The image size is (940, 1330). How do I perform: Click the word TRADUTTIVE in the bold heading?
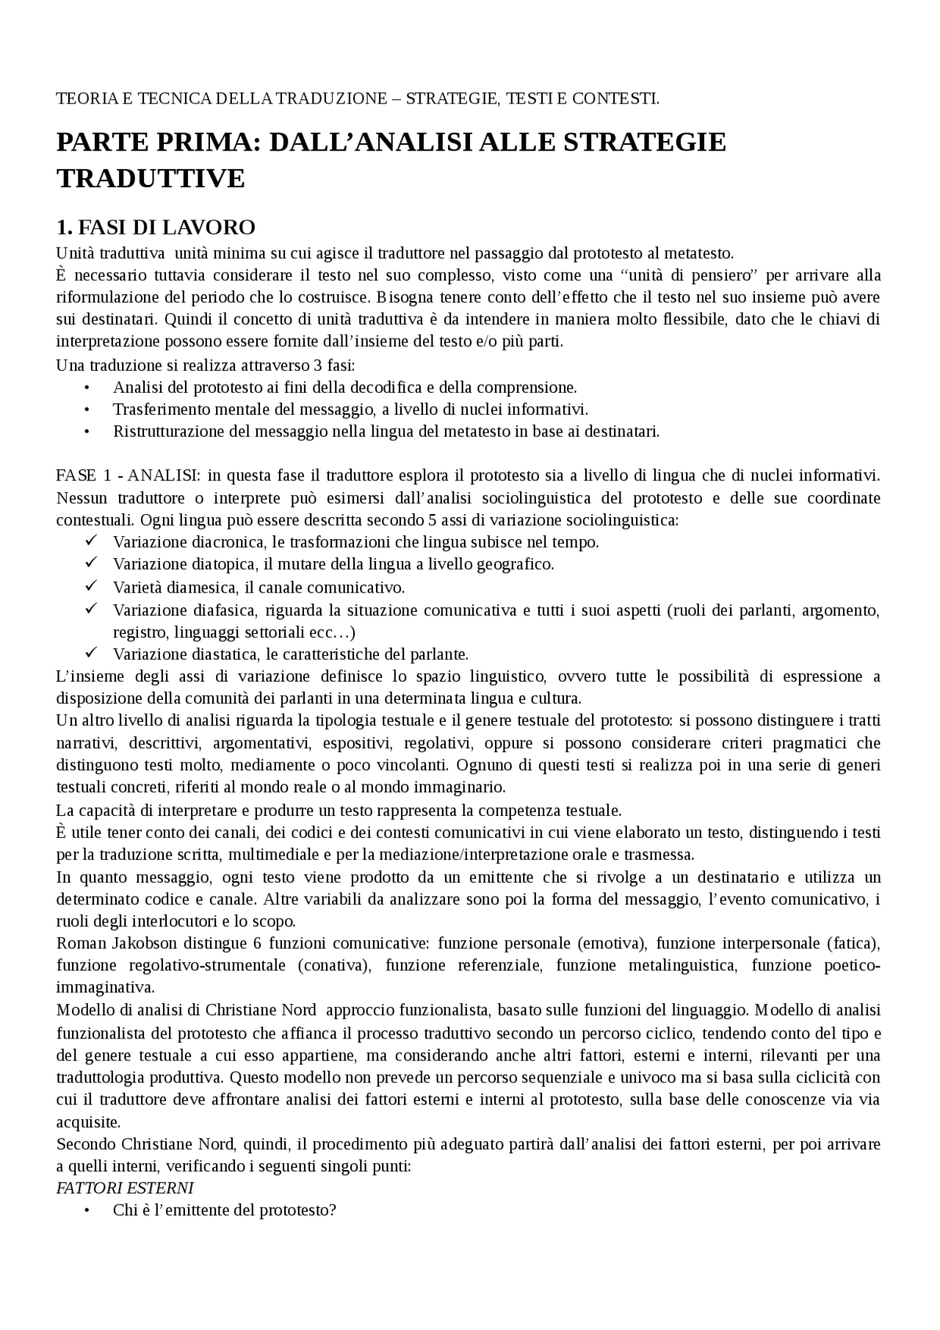pos(151,178)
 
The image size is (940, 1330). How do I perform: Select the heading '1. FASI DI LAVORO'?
pos(156,228)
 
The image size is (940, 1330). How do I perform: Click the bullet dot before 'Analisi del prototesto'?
pos(87,388)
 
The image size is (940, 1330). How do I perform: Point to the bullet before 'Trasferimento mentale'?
pos(87,410)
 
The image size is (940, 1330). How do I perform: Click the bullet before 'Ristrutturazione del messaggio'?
pos(87,432)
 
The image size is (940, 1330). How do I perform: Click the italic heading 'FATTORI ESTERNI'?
pos(125,1188)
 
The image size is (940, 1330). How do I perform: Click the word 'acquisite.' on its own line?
pos(89,1122)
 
